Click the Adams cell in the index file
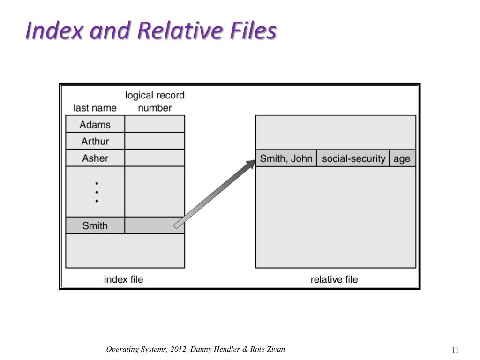point(95,125)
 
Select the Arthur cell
point(95,141)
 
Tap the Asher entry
point(95,158)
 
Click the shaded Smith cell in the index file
point(95,225)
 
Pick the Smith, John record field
point(286,158)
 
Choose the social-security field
point(353,158)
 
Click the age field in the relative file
point(402,158)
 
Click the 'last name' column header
point(95,108)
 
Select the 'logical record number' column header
point(155,101)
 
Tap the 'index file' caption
point(123,279)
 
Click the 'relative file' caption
point(334,279)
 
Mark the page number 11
point(455,350)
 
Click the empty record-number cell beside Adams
point(155,125)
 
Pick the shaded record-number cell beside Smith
point(155,225)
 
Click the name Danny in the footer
point(201,349)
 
